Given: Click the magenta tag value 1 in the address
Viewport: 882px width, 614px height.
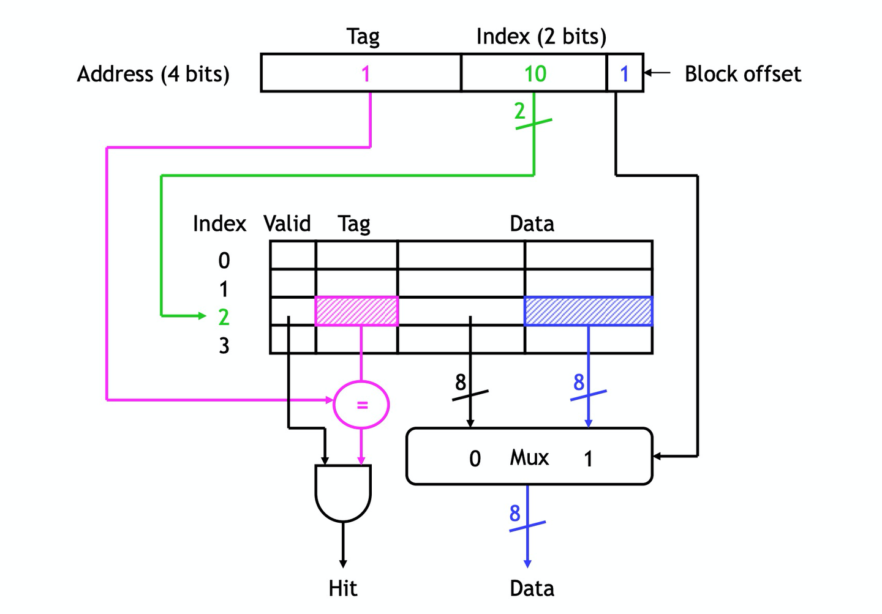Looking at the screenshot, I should click(x=366, y=74).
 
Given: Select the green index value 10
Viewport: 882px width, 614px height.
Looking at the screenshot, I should click(x=535, y=74).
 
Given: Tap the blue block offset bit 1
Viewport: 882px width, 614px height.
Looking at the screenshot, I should click(x=624, y=74).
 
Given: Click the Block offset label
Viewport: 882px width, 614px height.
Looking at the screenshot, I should click(x=742, y=74).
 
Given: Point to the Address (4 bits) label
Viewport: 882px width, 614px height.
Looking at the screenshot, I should click(x=153, y=74).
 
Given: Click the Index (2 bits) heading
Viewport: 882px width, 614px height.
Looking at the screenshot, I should click(x=541, y=37).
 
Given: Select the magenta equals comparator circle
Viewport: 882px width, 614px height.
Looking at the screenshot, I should click(x=361, y=404).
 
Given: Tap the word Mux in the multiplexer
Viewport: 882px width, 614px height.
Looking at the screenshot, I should click(x=529, y=457).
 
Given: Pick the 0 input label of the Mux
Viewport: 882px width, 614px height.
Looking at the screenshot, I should click(x=475, y=459).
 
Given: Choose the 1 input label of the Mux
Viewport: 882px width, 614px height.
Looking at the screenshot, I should click(x=588, y=459).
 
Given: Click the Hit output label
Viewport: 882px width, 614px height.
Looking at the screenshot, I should click(x=343, y=588).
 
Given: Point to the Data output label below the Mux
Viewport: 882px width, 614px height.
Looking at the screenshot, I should click(x=532, y=588).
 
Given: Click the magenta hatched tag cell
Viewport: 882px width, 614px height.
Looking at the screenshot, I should click(x=356, y=311).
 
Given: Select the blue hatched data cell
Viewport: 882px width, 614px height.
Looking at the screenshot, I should click(x=588, y=311).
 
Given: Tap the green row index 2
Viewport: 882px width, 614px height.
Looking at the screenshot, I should click(x=224, y=317).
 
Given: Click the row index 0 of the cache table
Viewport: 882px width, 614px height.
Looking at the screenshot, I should click(x=224, y=261).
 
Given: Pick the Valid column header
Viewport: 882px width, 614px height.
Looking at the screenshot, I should click(x=287, y=223).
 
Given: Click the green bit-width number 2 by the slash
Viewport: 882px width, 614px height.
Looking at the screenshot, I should click(x=519, y=111).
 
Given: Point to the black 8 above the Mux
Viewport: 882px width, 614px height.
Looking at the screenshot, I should click(x=461, y=383).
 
